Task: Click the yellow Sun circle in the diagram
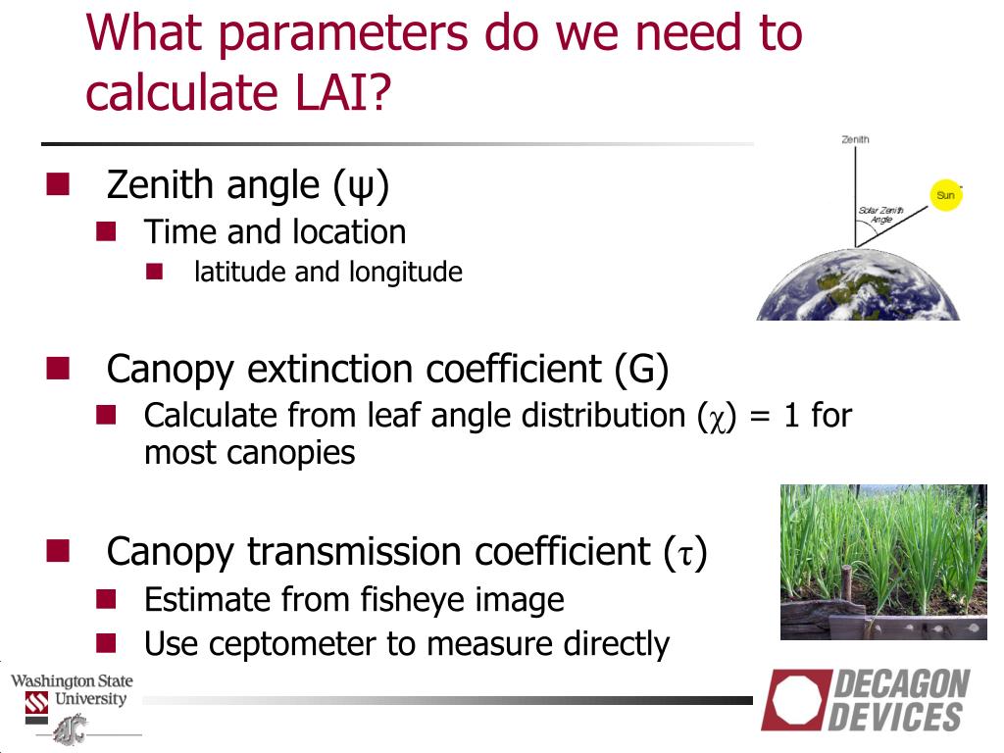945,195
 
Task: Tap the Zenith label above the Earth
855,139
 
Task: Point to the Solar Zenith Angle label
879,216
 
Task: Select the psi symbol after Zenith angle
361,186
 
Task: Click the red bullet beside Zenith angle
58,183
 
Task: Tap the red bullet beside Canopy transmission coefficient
58,551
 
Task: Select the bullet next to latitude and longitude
154,271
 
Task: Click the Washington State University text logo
71,690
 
